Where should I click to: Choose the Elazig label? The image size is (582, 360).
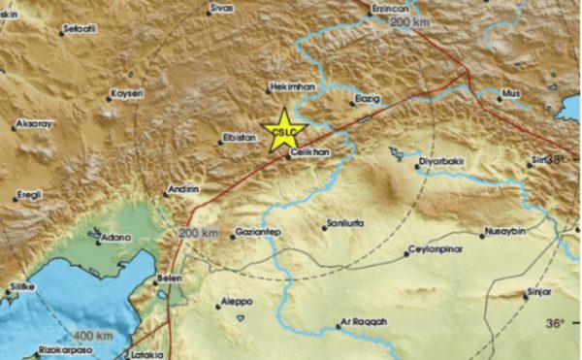click(x=361, y=99)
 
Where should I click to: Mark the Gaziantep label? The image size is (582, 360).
click(x=260, y=235)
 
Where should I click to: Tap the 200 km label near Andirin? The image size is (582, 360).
click(x=199, y=233)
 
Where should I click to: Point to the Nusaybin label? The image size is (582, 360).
click(x=502, y=234)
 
